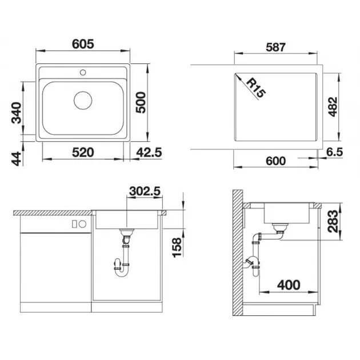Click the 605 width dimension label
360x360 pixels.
(83, 44)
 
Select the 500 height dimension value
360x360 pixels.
(141, 102)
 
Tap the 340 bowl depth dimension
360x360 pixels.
(17, 113)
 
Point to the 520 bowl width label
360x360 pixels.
(83, 153)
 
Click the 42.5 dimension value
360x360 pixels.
(149, 153)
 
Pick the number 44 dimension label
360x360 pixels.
(17, 159)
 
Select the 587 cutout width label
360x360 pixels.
(276, 47)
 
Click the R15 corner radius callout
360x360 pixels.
(256, 88)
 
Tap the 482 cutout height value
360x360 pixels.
(333, 107)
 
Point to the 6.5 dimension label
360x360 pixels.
(334, 152)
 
